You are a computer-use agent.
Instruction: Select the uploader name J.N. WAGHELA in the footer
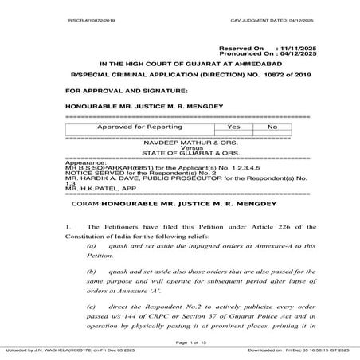click(x=53, y=350)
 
